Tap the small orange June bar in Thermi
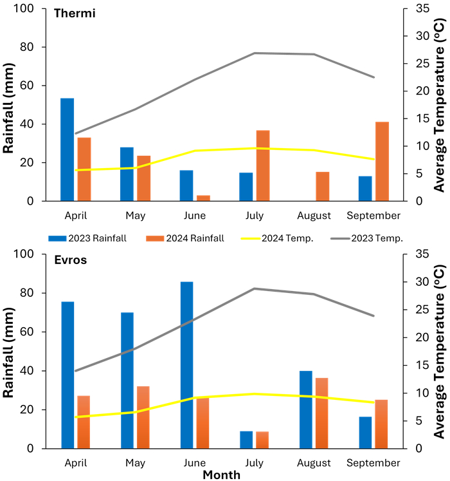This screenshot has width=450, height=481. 203,198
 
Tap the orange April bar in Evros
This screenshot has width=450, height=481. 84,413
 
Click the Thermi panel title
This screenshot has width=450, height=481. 75,14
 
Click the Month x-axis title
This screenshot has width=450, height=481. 222,475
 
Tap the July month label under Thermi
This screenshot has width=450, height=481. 254,215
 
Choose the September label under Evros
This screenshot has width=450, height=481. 373,462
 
